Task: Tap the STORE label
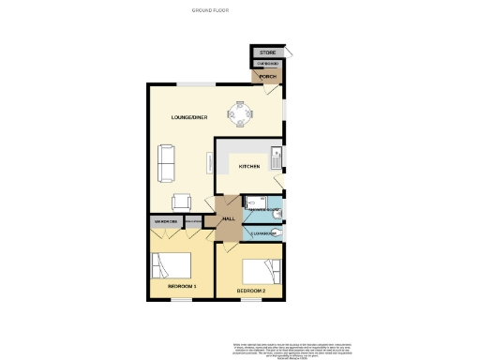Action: click(x=267, y=52)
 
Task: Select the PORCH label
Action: click(x=267, y=77)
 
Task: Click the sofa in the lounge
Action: click(x=167, y=163)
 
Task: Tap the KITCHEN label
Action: click(x=248, y=167)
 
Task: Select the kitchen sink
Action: click(x=277, y=156)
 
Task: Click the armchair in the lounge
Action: click(x=182, y=201)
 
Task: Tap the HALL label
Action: click(x=228, y=219)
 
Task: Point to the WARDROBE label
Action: click(x=166, y=222)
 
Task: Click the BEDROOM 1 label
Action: click(x=181, y=284)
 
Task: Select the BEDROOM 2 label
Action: click(x=250, y=292)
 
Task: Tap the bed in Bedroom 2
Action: click(x=260, y=270)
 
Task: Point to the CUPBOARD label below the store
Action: click(x=267, y=63)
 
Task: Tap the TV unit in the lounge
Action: click(x=209, y=163)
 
